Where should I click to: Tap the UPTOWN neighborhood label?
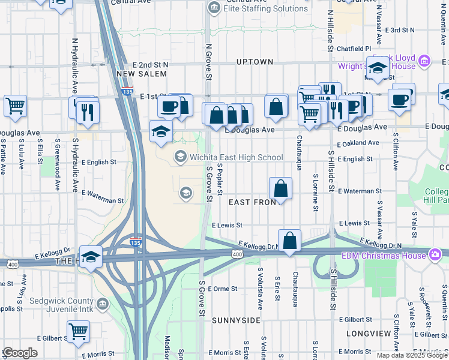tap(255, 62)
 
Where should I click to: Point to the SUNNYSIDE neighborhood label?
tap(236, 320)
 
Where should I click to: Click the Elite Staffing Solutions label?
tap(265, 9)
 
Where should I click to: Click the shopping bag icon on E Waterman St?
tap(280, 189)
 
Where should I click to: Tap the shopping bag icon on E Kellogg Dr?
tap(289, 241)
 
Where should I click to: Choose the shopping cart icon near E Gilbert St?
tap(78, 331)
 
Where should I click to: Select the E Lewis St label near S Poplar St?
tap(227, 225)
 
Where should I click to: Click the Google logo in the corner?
tap(20, 353)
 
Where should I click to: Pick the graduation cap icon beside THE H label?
tap(91, 257)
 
